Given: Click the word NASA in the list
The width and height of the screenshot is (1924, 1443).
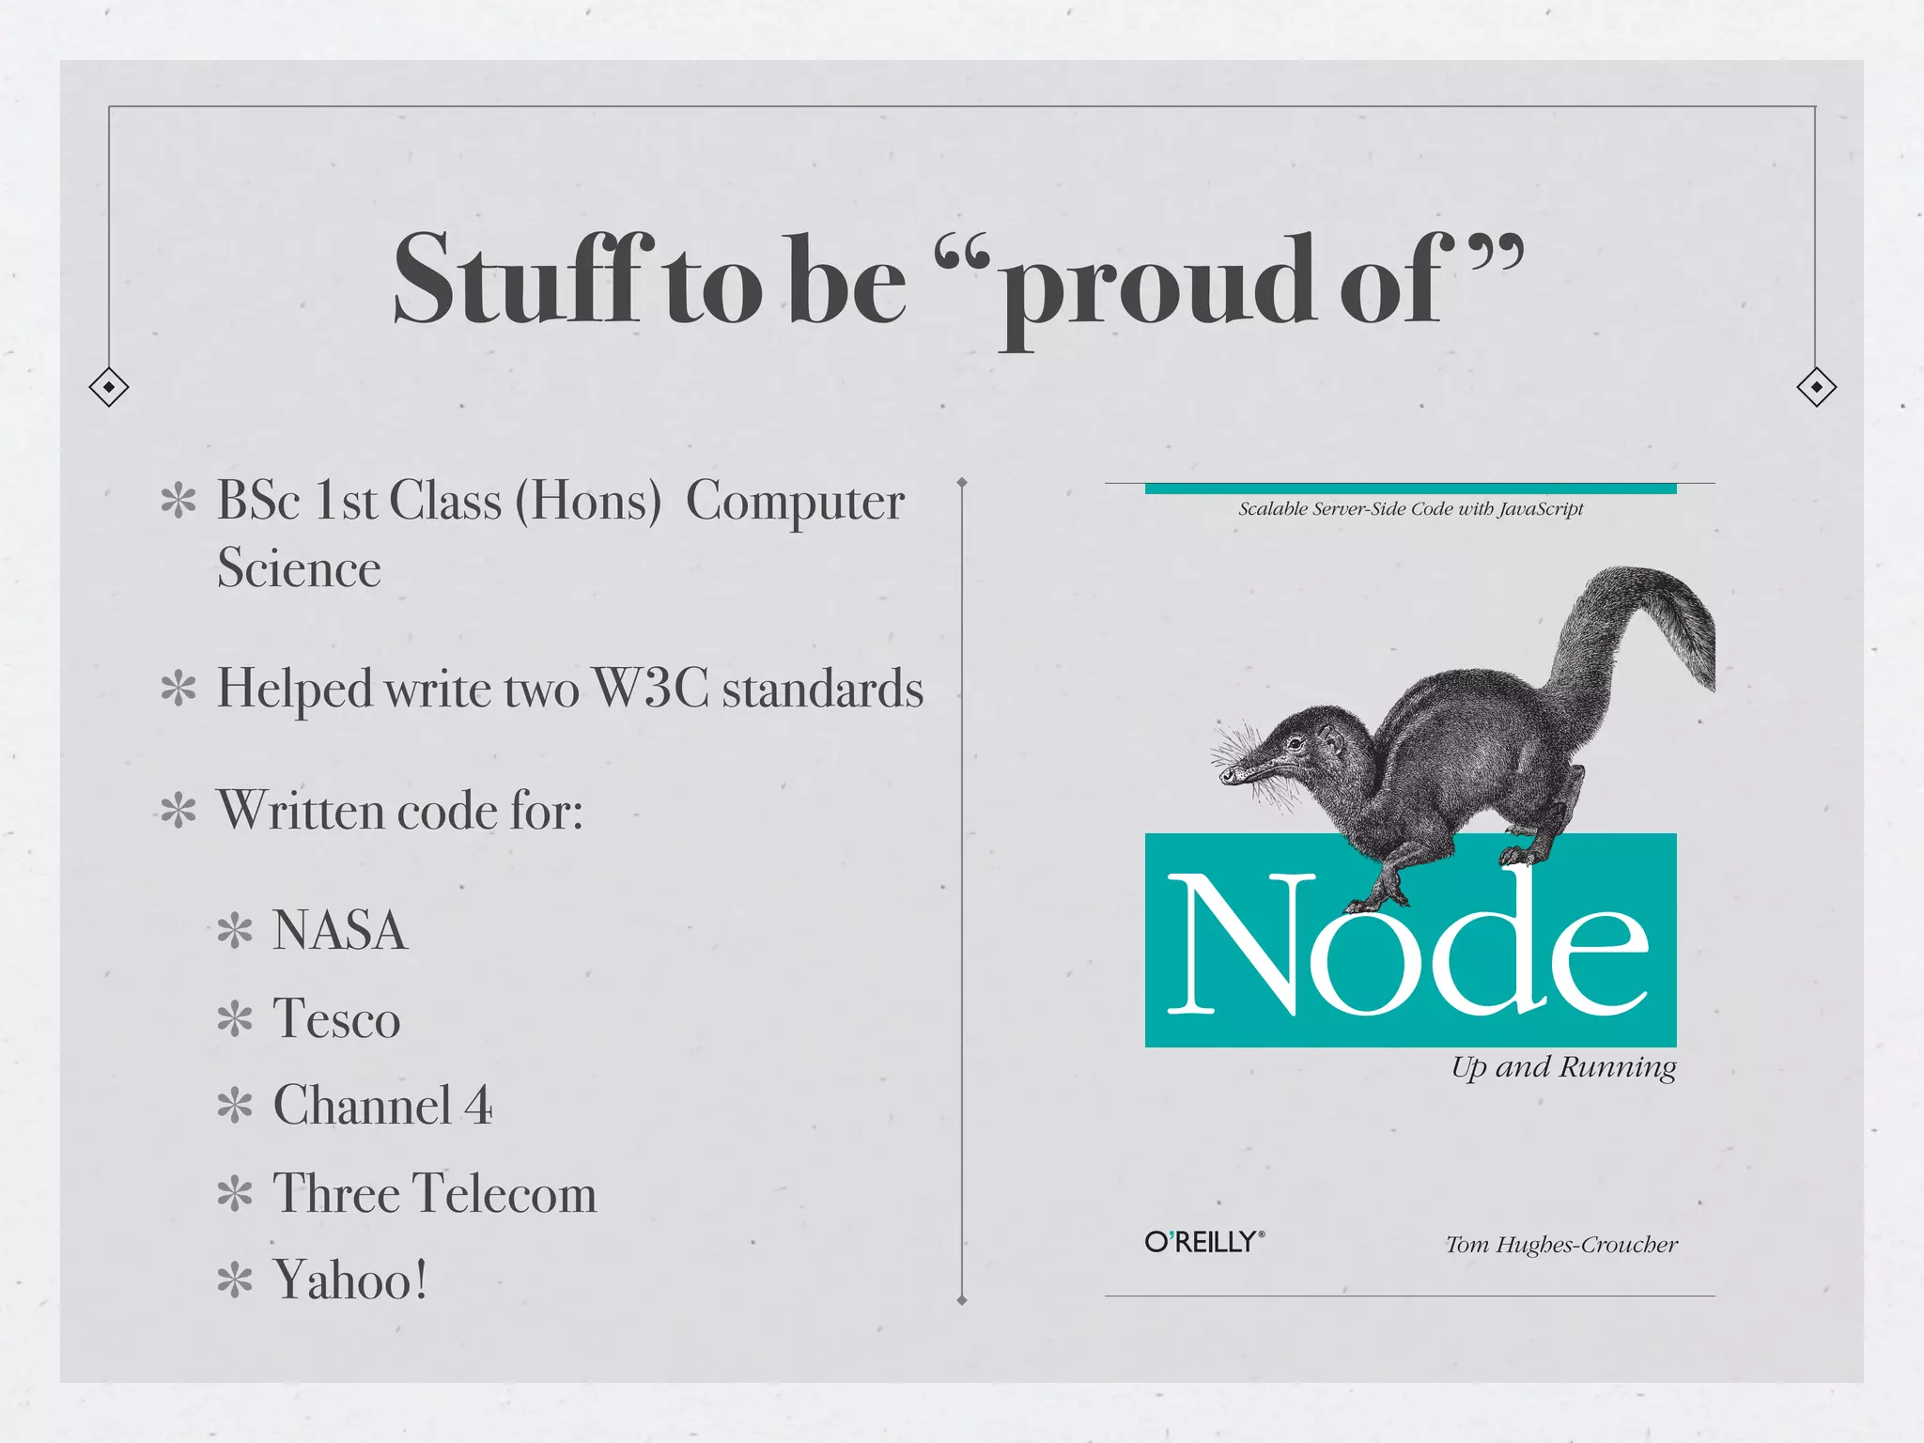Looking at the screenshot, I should [339, 931].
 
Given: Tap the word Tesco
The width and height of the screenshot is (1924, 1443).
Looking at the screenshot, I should [336, 1018].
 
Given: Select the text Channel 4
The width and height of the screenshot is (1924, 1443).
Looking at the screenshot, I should [382, 1106].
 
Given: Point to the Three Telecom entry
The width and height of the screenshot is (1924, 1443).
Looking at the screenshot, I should [434, 1193].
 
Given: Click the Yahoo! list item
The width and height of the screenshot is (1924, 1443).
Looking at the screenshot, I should [349, 1280].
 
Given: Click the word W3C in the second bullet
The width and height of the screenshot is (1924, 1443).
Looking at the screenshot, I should [651, 688].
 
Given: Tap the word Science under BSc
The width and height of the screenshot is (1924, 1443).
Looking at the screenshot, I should [299, 568].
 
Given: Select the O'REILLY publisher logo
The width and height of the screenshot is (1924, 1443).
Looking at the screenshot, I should [1204, 1242].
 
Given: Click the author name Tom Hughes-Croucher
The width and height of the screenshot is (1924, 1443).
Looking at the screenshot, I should [1561, 1245].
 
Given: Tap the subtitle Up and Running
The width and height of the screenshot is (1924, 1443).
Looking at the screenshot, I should [1563, 1067].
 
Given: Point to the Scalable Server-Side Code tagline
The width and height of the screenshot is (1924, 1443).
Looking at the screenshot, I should [1410, 509].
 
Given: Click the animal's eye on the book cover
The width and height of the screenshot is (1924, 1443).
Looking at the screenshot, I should [1296, 744].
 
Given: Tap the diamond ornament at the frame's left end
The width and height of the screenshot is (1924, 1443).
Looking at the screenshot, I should [109, 387].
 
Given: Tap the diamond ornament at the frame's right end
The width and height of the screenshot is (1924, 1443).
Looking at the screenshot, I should [1816, 387].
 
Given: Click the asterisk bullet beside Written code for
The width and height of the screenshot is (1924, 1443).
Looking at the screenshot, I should [178, 811].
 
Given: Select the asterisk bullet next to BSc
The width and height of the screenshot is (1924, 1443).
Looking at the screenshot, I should [178, 501].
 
